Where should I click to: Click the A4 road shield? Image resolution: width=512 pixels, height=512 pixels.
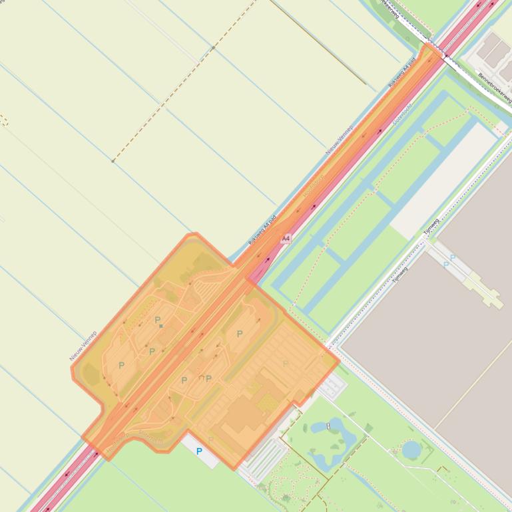click(286, 238)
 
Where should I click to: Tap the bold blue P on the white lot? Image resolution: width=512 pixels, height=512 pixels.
click(199, 451)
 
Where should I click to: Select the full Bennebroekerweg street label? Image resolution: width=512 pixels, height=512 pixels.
click(495, 87)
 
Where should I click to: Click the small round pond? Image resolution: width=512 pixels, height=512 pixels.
click(411, 450)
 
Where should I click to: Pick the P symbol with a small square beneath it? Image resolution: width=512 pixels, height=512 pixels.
click(158, 321)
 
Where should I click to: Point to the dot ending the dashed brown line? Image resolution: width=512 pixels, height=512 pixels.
click(113, 161)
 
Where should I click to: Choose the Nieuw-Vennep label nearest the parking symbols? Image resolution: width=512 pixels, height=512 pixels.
click(84, 346)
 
